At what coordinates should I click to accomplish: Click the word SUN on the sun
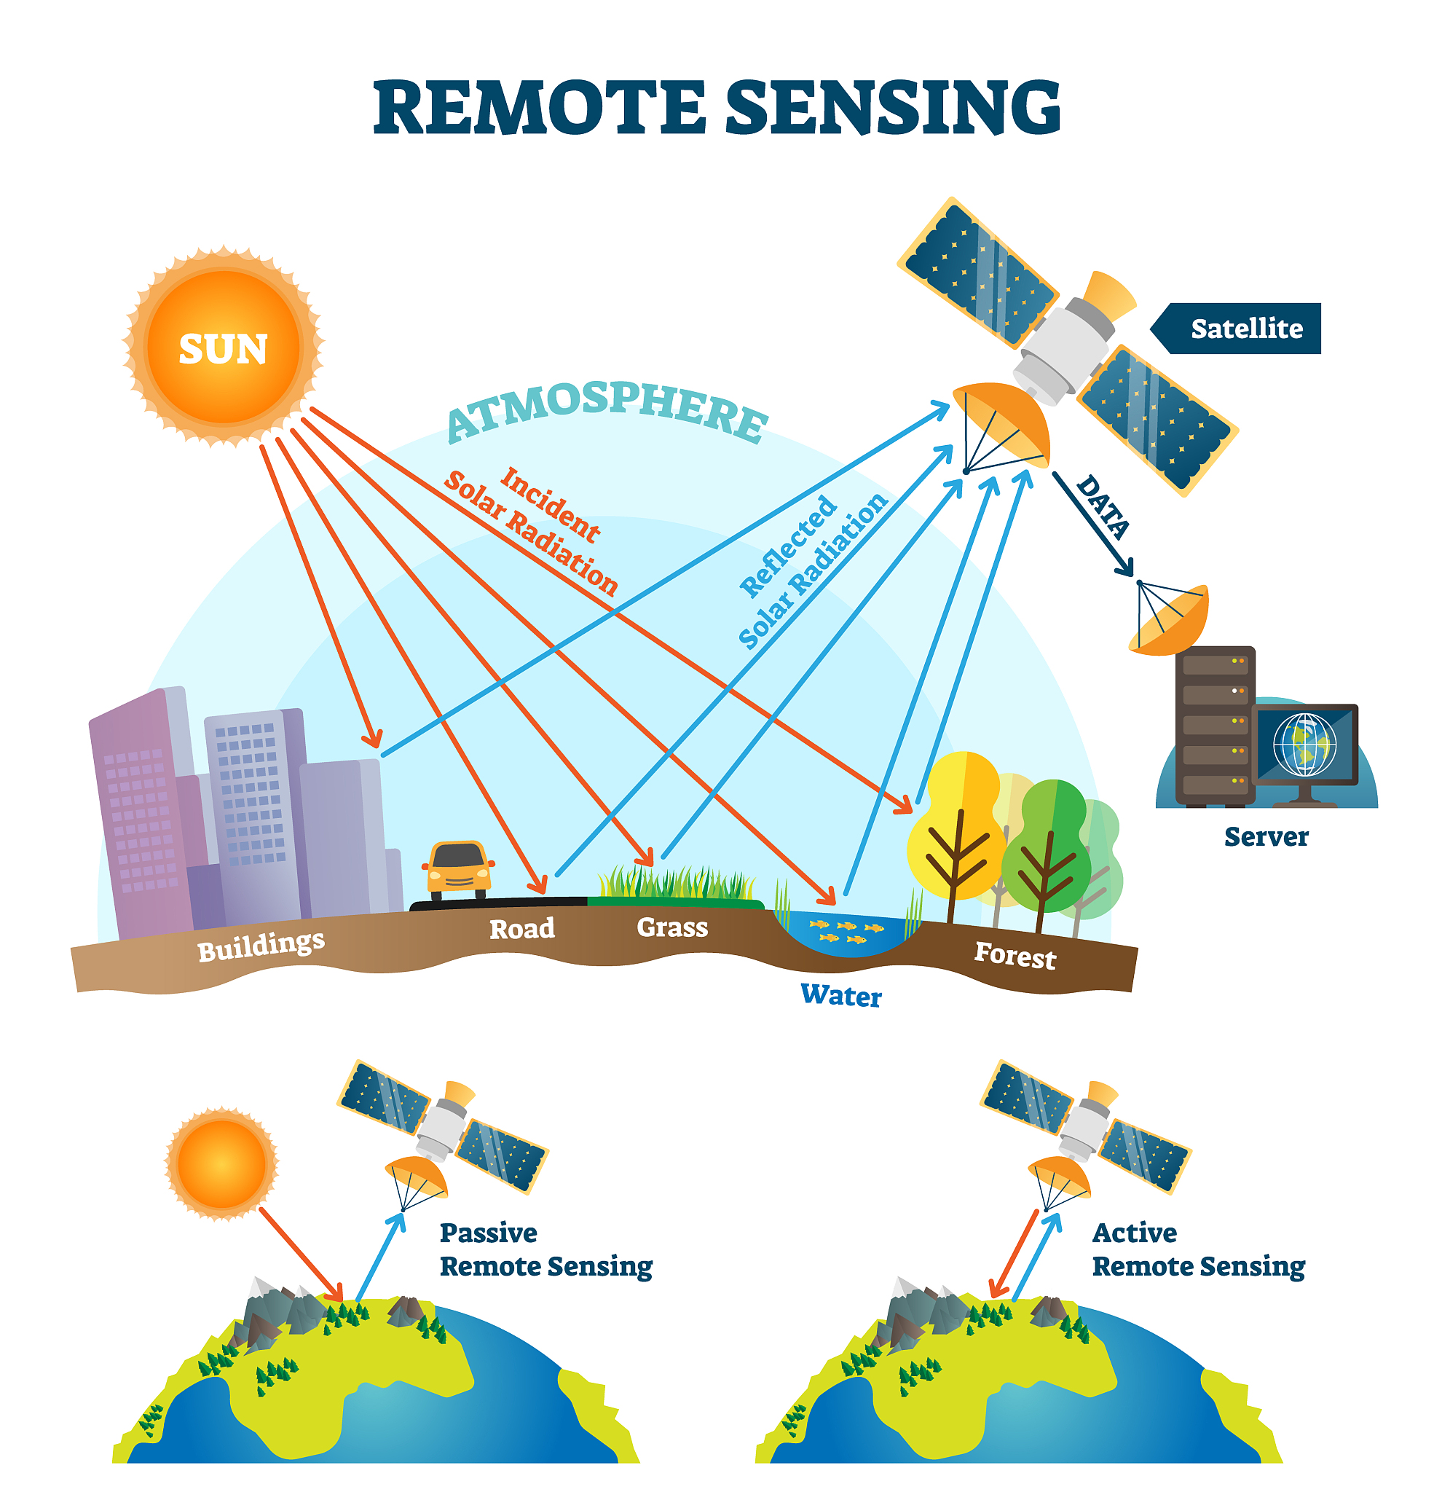[223, 350]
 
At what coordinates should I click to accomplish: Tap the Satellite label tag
[1245, 329]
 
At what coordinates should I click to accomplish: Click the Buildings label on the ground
[261, 946]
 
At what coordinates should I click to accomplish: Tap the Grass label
[672, 927]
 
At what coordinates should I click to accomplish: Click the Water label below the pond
[840, 996]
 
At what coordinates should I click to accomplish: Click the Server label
[1266, 836]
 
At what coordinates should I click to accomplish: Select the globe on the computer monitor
[1304, 744]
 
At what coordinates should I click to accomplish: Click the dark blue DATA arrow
[1093, 525]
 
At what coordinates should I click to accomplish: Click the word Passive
[488, 1233]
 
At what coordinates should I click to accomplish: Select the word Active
[1133, 1233]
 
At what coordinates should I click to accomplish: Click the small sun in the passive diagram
[222, 1164]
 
